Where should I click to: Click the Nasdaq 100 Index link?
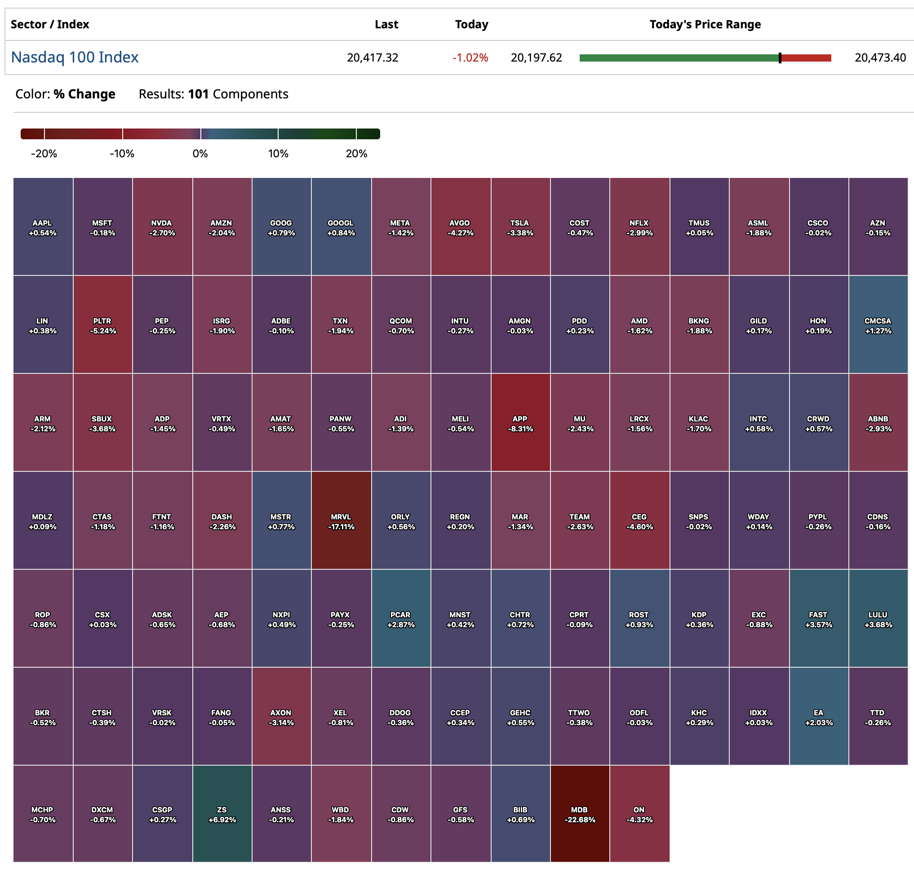(75, 57)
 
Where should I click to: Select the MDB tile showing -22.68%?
(580, 814)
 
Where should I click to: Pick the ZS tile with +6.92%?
(222, 814)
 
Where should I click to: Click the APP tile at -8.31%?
(520, 423)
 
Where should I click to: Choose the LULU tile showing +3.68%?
(878, 619)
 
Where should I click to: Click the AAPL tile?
(43, 227)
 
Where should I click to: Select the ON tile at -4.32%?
(639, 814)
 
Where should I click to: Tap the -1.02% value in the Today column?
(470, 58)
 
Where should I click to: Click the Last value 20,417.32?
(372, 58)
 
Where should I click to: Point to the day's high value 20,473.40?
(880, 58)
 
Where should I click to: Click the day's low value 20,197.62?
(536, 58)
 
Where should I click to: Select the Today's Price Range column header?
(705, 24)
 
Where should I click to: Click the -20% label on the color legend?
(44, 153)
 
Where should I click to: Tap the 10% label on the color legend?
(278, 153)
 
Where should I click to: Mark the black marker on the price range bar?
(780, 58)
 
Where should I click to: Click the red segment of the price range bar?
(806, 58)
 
